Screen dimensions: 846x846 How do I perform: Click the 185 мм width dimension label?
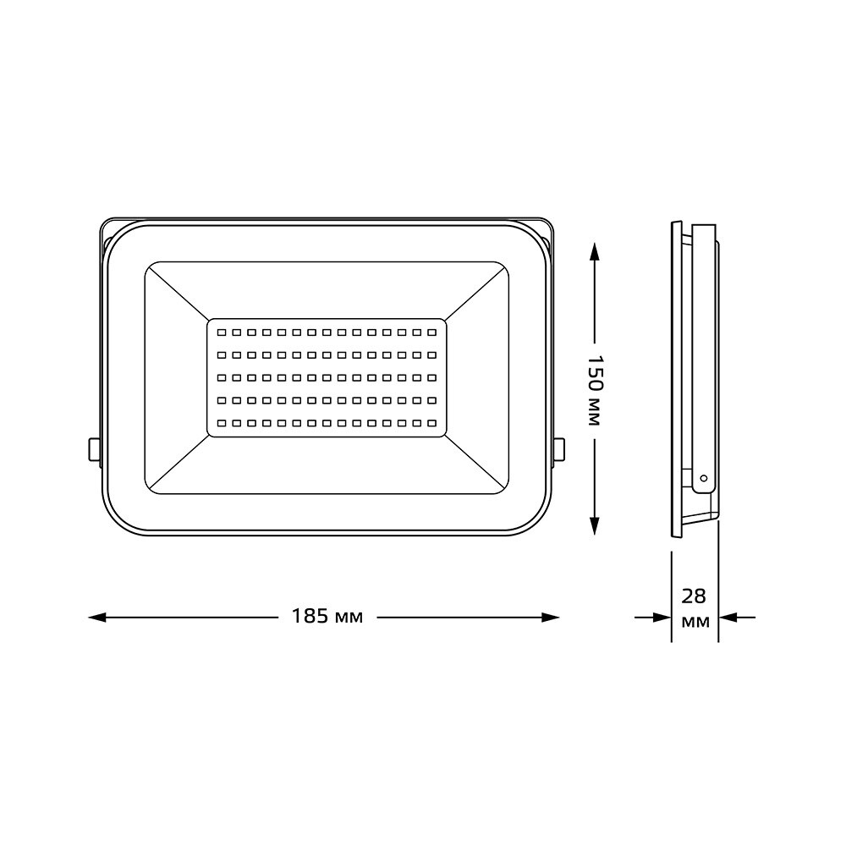[327, 616]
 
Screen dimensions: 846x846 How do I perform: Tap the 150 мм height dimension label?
[594, 391]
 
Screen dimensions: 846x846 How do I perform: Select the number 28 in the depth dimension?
[694, 596]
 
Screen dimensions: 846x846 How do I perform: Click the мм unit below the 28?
[695, 622]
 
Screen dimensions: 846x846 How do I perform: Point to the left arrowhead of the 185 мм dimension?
[97, 618]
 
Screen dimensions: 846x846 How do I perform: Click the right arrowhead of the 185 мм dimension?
[550, 618]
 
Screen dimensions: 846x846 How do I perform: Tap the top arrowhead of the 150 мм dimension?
[594, 252]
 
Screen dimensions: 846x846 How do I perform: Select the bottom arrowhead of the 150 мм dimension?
[594, 525]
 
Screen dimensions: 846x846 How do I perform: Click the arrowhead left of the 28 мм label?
[662, 618]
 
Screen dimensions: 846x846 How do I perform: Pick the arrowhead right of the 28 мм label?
[728, 618]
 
